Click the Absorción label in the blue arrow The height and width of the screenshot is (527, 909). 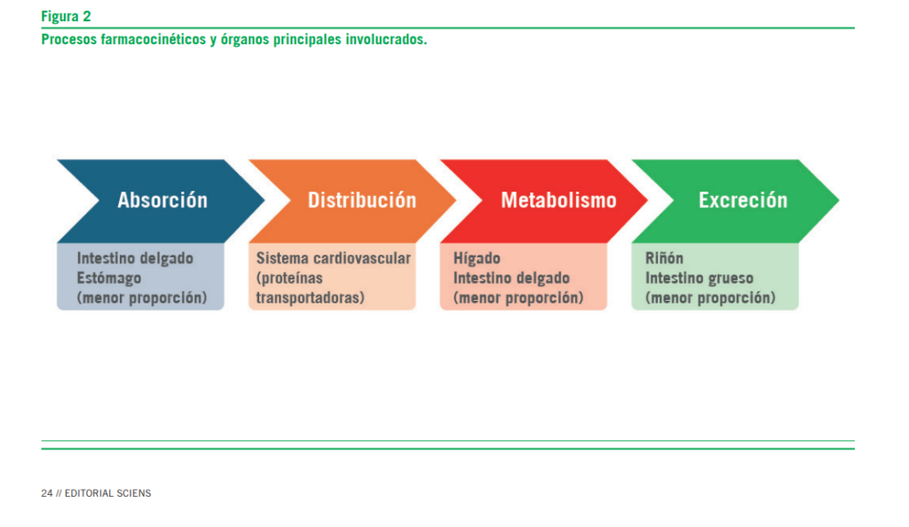pos(162,201)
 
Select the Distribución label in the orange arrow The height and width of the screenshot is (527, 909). pos(361,201)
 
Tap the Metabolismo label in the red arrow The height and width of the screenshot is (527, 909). pos(558,201)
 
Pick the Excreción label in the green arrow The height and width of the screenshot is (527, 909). pos(742,201)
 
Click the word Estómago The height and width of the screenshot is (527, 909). pos(109,279)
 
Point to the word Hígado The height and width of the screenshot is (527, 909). pos(477,259)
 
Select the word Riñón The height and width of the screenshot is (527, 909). pos(664,259)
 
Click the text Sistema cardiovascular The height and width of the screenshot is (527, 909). pos(334,259)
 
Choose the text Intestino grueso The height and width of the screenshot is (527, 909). pos(700,279)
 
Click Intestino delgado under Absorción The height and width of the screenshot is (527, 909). pos(135,259)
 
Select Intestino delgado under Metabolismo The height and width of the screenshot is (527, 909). pos(511,279)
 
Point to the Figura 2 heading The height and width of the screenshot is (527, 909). pos(66,16)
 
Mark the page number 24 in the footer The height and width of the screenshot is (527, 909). pos(46,493)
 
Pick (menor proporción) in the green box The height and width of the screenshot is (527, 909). pos(710,298)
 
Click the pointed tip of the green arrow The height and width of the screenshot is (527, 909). pos(837,201)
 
